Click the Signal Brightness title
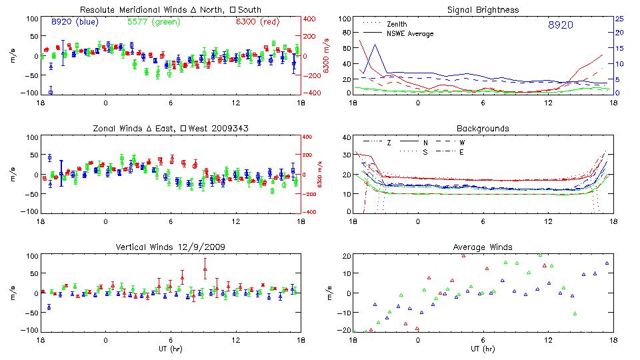click(483, 9)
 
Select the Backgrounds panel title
click(483, 127)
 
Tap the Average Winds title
click(483, 247)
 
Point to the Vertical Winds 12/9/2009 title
click(171, 247)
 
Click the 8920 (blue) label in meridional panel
click(75, 21)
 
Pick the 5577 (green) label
click(153, 21)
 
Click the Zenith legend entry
click(397, 23)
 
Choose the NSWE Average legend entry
click(410, 33)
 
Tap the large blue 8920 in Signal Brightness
click(561, 25)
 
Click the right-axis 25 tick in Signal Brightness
click(619, 19)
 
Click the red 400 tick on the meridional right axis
click(311, 19)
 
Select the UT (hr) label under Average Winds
click(483, 348)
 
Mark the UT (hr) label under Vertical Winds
click(171, 348)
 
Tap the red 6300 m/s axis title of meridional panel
click(327, 56)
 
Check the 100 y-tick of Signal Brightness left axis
click(345, 19)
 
